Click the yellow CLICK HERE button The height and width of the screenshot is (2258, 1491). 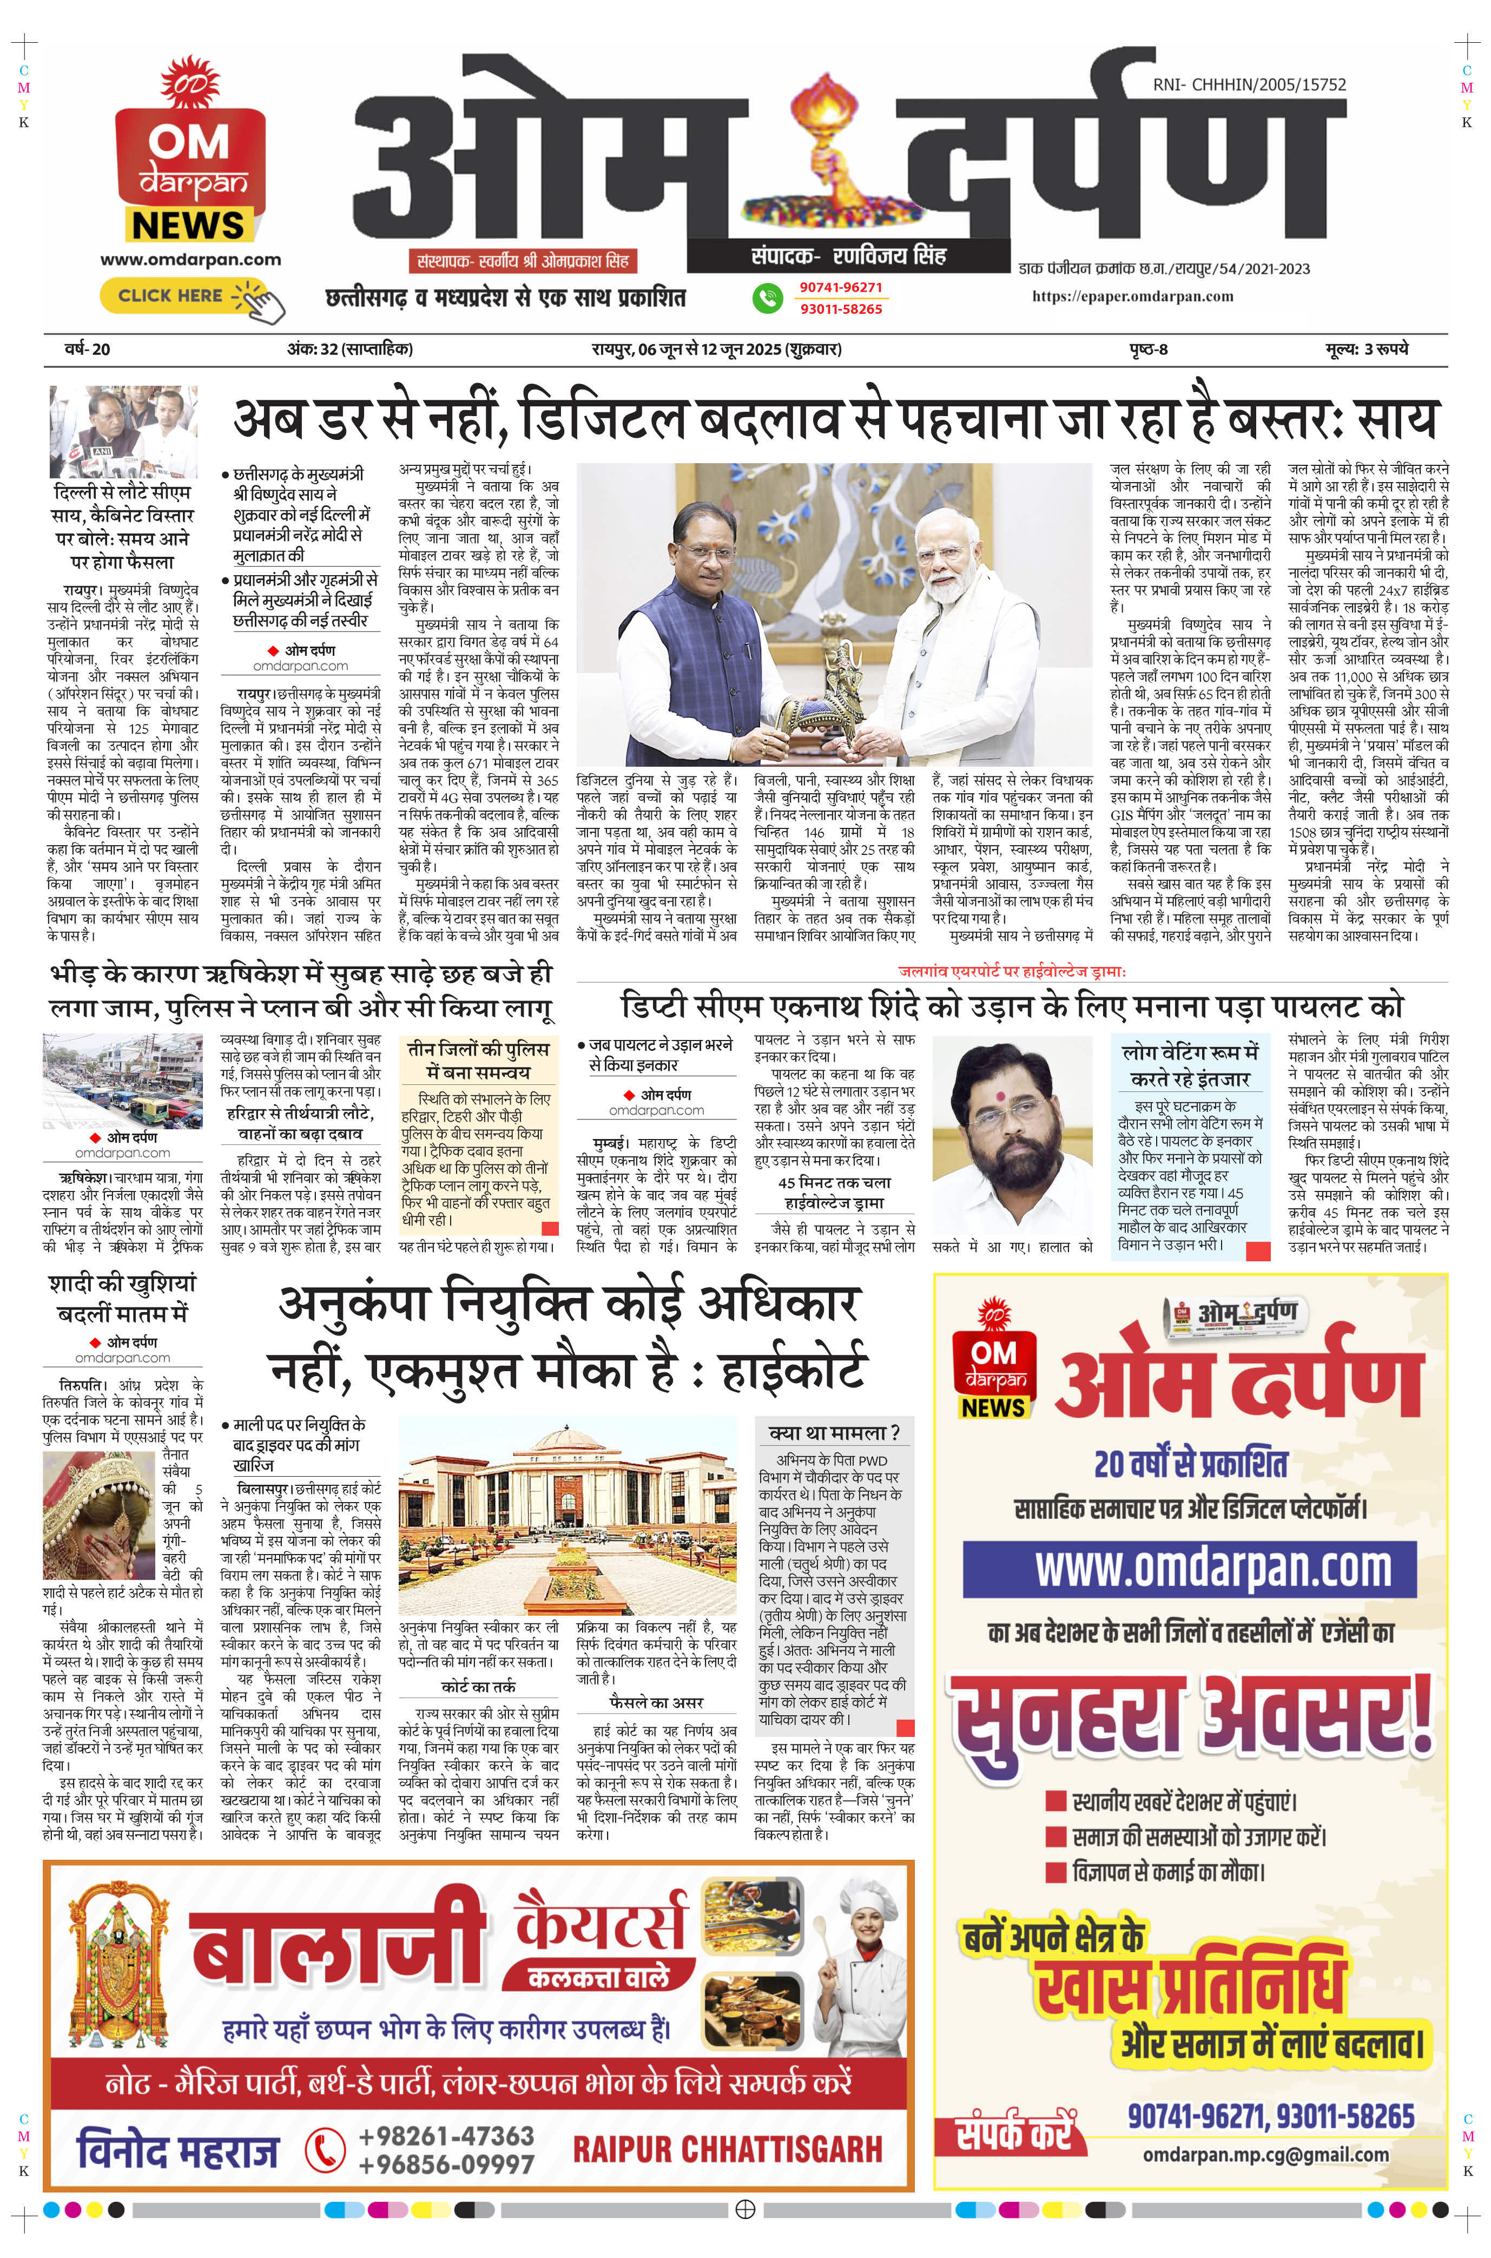[171, 296]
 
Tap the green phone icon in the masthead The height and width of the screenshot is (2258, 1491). [767, 298]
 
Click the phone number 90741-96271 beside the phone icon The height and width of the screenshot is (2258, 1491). [841, 287]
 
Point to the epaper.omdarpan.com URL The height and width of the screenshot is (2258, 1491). [1132, 297]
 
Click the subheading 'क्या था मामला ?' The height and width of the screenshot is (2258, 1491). [834, 1432]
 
